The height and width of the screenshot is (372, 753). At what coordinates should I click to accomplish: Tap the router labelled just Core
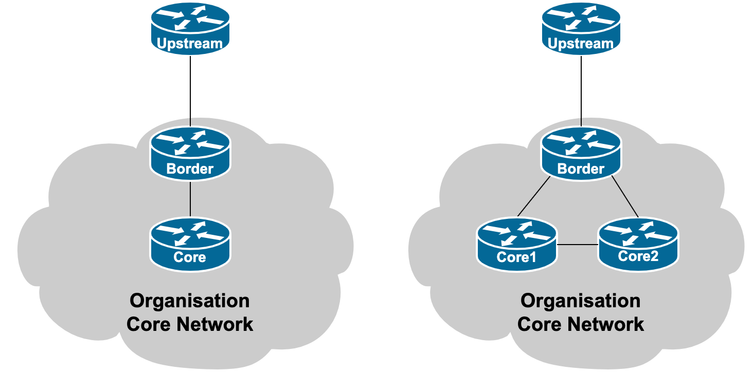pos(190,244)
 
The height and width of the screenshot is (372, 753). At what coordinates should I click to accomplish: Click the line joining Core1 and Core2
pos(578,244)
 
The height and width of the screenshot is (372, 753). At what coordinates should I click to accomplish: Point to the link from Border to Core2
pos(625,197)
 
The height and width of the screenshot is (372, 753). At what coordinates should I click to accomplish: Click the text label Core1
pos(516,256)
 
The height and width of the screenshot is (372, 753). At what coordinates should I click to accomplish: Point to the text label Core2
pos(638,255)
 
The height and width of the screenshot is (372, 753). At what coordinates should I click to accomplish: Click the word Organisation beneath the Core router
pos(190,301)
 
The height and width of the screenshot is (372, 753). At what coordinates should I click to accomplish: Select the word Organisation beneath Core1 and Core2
pos(581,301)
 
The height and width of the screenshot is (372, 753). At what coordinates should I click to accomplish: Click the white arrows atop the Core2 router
pos(638,233)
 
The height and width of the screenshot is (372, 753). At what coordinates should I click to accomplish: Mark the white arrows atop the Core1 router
pos(517,233)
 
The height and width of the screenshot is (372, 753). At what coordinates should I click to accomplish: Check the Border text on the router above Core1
pos(581,169)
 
